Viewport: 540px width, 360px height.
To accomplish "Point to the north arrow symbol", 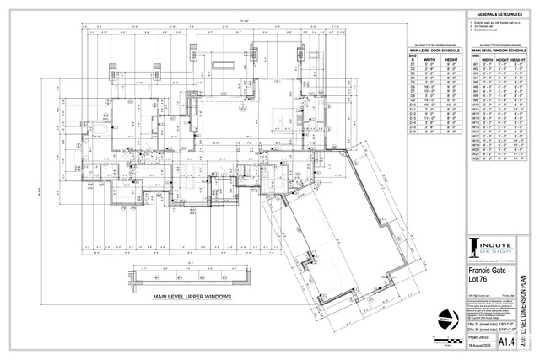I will point(446,318).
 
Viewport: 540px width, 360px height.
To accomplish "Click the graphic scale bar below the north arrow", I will point(446,336).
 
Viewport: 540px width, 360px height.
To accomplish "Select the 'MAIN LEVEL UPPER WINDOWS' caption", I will point(192,297).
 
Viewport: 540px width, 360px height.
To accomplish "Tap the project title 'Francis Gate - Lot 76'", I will point(485,275).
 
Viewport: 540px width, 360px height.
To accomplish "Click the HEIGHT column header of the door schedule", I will point(452,60).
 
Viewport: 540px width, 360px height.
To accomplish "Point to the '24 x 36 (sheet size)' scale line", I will point(480,329).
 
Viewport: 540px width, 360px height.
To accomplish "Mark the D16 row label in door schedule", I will point(414,132).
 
